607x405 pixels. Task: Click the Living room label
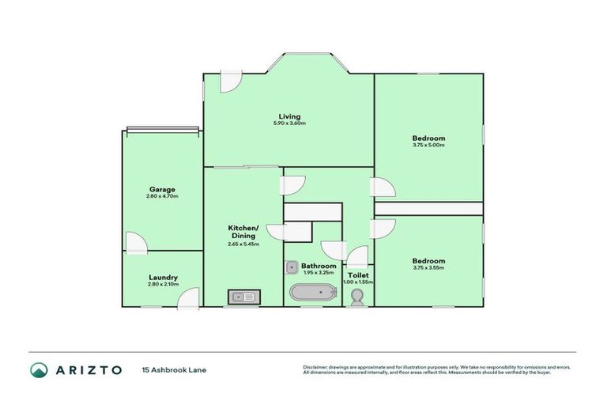click(288, 116)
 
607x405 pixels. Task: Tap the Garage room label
click(162, 189)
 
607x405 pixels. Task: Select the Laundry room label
click(163, 277)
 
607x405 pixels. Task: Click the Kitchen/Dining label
click(243, 231)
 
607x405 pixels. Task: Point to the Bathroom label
click(319, 266)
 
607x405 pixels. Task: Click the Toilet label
click(358, 275)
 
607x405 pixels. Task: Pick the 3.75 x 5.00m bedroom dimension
click(428, 145)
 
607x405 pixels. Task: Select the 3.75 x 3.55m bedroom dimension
click(428, 267)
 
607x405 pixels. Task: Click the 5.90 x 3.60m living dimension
click(288, 123)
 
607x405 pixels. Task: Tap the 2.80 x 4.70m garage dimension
click(162, 196)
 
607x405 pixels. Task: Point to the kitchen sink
click(242, 297)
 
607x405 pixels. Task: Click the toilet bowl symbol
click(357, 297)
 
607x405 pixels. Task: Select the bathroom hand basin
click(291, 267)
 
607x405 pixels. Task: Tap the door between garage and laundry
click(135, 242)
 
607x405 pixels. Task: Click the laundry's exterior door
click(187, 297)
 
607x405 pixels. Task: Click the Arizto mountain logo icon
click(40, 369)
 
